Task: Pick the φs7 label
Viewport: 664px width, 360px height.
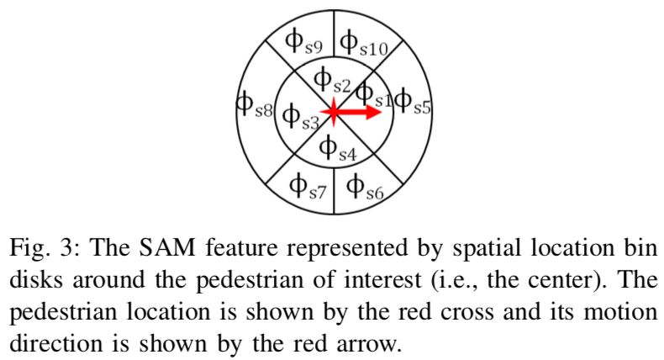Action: click(x=307, y=186)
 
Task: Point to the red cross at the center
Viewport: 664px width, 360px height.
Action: click(x=334, y=111)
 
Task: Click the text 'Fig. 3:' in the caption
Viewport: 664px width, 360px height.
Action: click(x=42, y=250)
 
